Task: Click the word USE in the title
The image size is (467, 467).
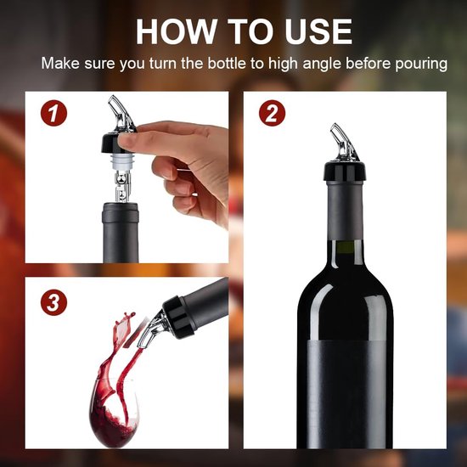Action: pyautogui.click(x=314, y=31)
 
